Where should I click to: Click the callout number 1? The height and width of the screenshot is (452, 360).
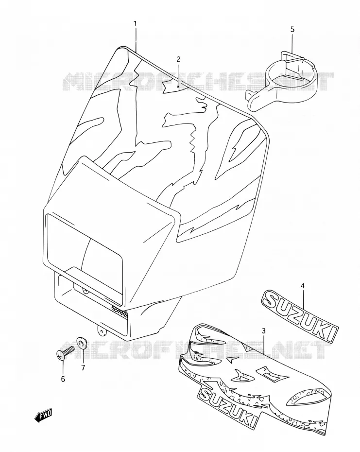point(135,23)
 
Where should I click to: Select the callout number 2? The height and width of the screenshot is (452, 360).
point(178,59)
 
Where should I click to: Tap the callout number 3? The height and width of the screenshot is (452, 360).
point(263,331)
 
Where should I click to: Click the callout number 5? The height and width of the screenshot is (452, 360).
point(292,29)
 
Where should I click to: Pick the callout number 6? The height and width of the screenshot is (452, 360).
point(63,379)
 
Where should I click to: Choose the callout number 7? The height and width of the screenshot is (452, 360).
point(83,368)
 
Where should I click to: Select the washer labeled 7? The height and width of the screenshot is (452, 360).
point(82,343)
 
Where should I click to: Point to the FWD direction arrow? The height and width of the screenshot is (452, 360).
point(43,416)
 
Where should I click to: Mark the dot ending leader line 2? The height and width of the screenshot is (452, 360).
point(178,86)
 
